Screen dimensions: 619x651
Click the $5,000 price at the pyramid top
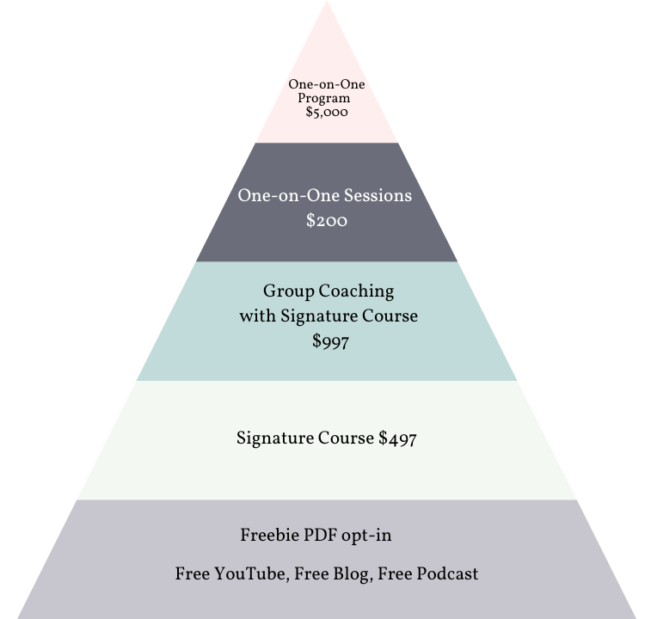coord(327,112)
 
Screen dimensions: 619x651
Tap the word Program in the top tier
coord(324,98)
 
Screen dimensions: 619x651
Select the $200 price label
coord(327,221)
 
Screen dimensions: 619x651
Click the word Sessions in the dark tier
coord(376,195)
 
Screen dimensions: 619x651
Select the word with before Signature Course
coord(257,316)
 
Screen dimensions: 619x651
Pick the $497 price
coord(397,438)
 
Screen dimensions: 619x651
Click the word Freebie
coord(269,536)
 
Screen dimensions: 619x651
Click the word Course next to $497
coord(346,438)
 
